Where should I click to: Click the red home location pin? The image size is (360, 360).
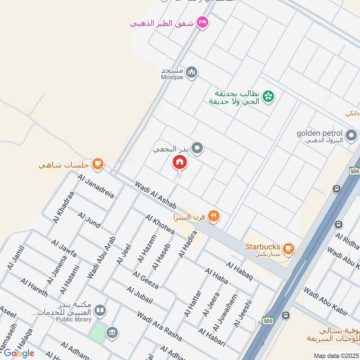[x=180, y=162]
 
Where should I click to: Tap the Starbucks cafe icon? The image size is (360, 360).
[x=288, y=247]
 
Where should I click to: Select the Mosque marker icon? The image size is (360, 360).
[x=192, y=72]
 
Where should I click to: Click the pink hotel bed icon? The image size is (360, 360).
[x=202, y=22]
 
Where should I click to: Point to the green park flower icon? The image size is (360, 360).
[x=269, y=96]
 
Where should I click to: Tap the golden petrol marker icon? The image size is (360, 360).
[x=351, y=134]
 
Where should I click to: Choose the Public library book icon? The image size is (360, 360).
[x=101, y=310]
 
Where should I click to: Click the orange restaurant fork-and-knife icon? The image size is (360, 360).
[x=214, y=216]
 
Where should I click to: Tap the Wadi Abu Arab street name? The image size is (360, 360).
[x=102, y=257]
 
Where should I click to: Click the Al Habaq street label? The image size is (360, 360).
[x=240, y=271]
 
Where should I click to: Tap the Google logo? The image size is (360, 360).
[x=18, y=353]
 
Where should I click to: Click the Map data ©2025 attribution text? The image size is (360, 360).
[x=337, y=356]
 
